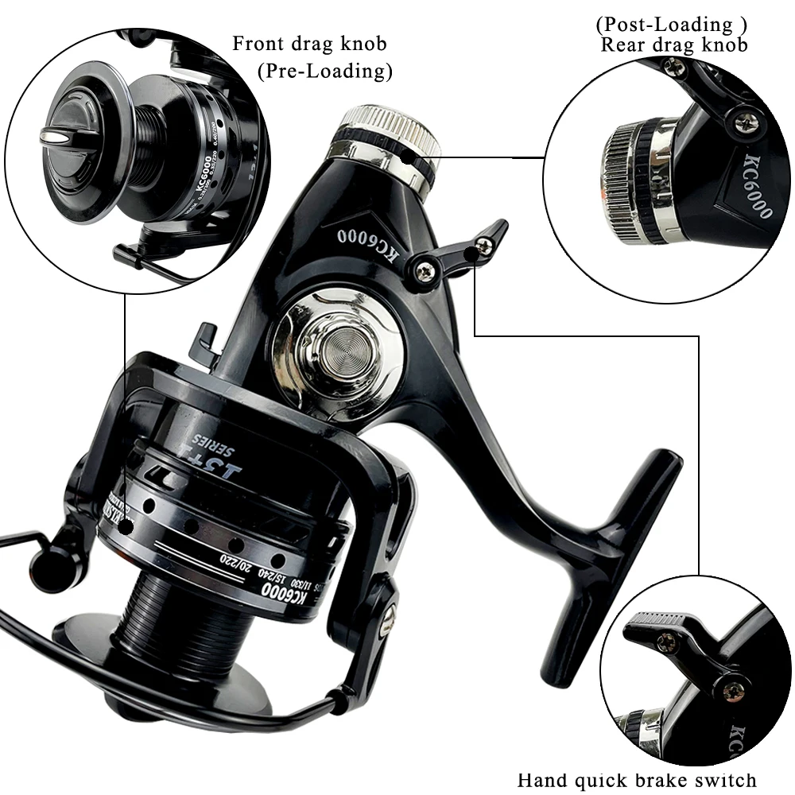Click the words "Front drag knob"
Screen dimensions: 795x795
tap(309, 43)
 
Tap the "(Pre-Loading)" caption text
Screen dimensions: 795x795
tap(325, 71)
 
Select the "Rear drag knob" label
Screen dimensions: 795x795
tap(673, 45)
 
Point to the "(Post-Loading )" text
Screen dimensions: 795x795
tap(671, 25)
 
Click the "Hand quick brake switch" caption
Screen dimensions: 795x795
tap(637, 780)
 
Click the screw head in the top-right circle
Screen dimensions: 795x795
tap(746, 121)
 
